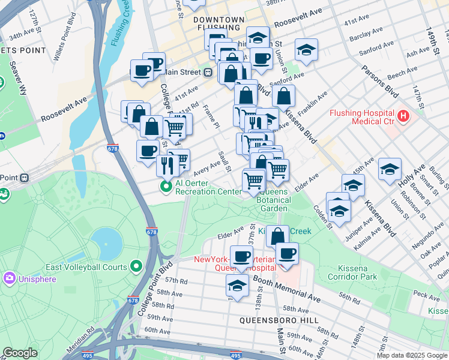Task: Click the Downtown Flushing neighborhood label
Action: [218, 24]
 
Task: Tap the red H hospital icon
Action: [403, 115]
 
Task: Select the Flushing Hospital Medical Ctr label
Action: [361, 117]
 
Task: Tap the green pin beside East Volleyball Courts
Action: [136, 266]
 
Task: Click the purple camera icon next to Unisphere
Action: [9, 278]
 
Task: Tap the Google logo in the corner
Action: [20, 353]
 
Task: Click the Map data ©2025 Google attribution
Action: [412, 355]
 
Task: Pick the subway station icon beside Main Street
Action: [208, 73]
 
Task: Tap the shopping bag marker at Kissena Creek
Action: [277, 236]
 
